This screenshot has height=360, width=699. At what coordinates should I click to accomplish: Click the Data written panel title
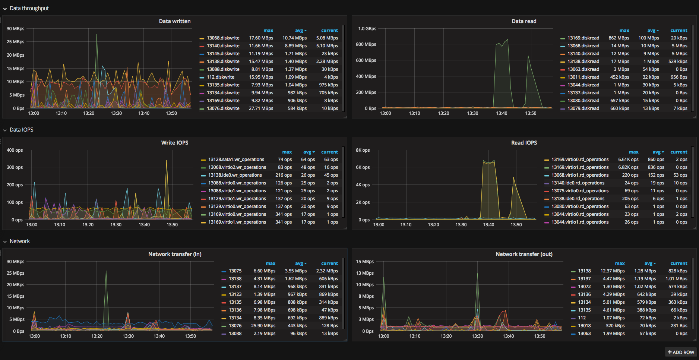[175, 21]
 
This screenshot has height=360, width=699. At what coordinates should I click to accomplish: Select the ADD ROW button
[681, 352]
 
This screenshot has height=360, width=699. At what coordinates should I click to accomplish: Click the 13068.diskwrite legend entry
[223, 38]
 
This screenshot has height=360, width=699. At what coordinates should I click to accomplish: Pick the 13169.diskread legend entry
[583, 38]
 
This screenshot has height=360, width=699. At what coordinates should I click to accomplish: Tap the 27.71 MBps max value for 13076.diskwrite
[261, 108]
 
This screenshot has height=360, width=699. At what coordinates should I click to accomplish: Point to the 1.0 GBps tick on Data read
[367, 29]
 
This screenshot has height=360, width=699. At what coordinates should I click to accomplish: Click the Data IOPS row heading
[22, 130]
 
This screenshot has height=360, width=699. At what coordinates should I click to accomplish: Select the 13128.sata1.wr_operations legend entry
[236, 160]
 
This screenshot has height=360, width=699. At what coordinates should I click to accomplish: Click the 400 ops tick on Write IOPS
[15, 150]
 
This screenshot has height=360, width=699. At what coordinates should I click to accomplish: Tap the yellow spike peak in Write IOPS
[167, 161]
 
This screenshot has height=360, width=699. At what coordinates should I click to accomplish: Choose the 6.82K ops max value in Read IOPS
[628, 167]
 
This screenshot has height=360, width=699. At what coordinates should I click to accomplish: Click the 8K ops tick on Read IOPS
[363, 150]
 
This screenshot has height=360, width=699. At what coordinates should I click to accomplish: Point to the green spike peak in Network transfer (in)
[106, 271]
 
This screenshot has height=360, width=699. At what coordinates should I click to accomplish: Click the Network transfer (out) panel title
[524, 254]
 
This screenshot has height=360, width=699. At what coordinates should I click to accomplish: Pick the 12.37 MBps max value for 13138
[612, 271]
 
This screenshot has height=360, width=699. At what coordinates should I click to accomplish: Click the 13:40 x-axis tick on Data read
[502, 113]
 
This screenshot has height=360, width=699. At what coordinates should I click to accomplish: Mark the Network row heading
[20, 241]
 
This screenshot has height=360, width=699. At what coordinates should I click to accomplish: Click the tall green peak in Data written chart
[97, 35]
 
